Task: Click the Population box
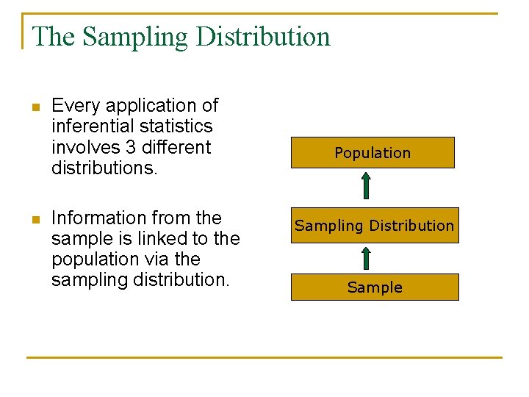[373, 153]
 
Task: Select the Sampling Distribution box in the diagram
[375, 226]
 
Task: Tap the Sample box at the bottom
[375, 287]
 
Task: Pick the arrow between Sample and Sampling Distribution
[366, 259]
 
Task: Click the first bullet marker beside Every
[33, 108]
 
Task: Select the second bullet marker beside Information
[33, 220]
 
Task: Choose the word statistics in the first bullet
[180, 126]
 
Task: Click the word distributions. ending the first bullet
[104, 168]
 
